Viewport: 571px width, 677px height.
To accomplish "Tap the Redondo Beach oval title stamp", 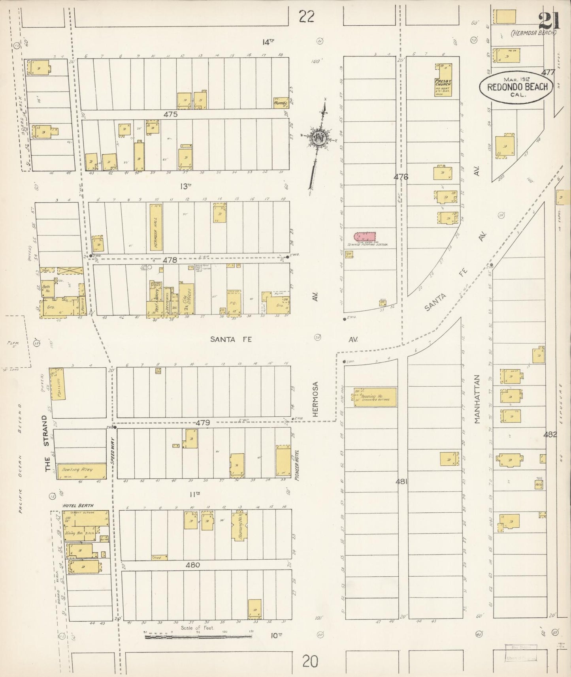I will click(516, 87).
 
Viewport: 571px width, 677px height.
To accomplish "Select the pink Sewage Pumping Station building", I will click(364, 237).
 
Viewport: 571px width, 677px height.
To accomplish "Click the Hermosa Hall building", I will click(155, 227).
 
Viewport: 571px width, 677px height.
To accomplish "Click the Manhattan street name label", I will click(477, 399).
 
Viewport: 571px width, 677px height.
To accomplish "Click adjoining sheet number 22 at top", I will click(307, 17).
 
